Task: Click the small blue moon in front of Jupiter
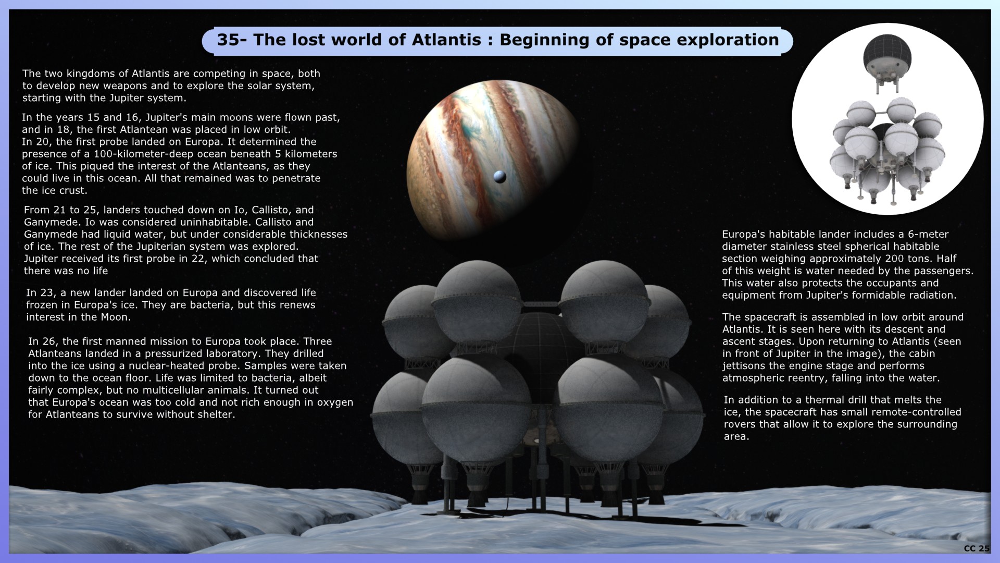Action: (x=499, y=177)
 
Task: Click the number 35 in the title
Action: (x=228, y=40)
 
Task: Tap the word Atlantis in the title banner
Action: (x=447, y=40)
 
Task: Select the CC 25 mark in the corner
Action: (x=977, y=548)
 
